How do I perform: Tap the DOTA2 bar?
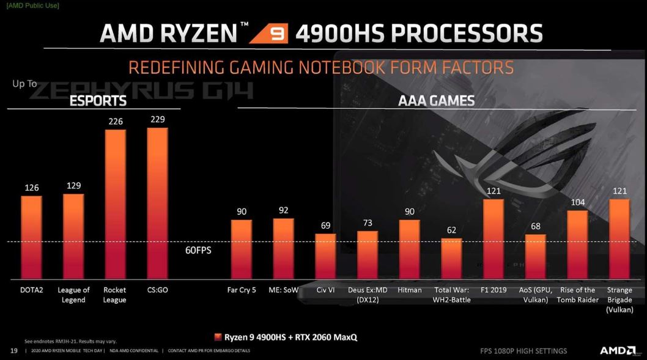[x=32, y=236]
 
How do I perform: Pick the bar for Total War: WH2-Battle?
[x=451, y=257]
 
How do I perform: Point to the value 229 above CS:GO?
[x=158, y=119]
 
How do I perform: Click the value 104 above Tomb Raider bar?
[x=577, y=202]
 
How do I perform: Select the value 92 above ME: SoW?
[x=283, y=210]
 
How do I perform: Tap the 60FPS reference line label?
[x=198, y=250]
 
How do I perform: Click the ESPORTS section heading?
[x=98, y=101]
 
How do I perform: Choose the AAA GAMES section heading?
[x=436, y=101]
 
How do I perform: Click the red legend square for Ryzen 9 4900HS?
[x=218, y=337]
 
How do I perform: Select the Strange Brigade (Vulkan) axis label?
[x=619, y=299]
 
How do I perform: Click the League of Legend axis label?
[x=73, y=295]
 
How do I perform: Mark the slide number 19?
[x=13, y=350]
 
